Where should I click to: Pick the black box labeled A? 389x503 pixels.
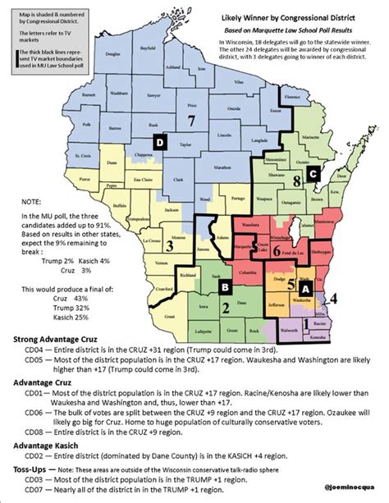(304, 289)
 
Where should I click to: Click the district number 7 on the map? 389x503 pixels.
(191, 121)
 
